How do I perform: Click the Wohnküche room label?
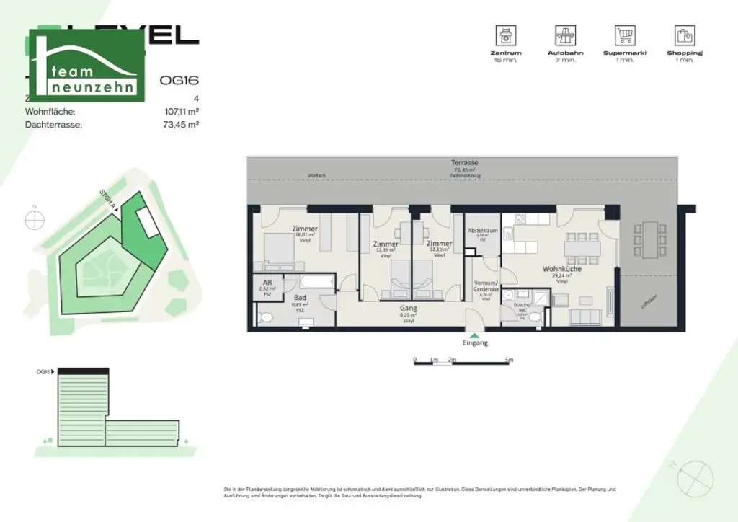pyautogui.click(x=557, y=268)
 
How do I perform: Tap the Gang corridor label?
pyautogui.click(x=409, y=308)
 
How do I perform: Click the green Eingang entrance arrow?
pyautogui.click(x=474, y=335)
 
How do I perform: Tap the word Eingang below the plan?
pyautogui.click(x=475, y=343)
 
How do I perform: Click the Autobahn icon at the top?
pyautogui.click(x=565, y=35)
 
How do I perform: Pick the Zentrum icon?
pyautogui.click(x=504, y=35)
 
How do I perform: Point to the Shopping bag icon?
pyautogui.click(x=684, y=35)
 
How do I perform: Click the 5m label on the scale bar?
pyautogui.click(x=510, y=359)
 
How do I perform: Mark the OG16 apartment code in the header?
pyautogui.click(x=179, y=81)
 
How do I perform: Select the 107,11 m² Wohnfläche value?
pyautogui.click(x=182, y=112)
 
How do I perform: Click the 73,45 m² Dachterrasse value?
pyautogui.click(x=182, y=124)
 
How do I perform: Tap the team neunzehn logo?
pyautogui.click(x=86, y=66)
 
